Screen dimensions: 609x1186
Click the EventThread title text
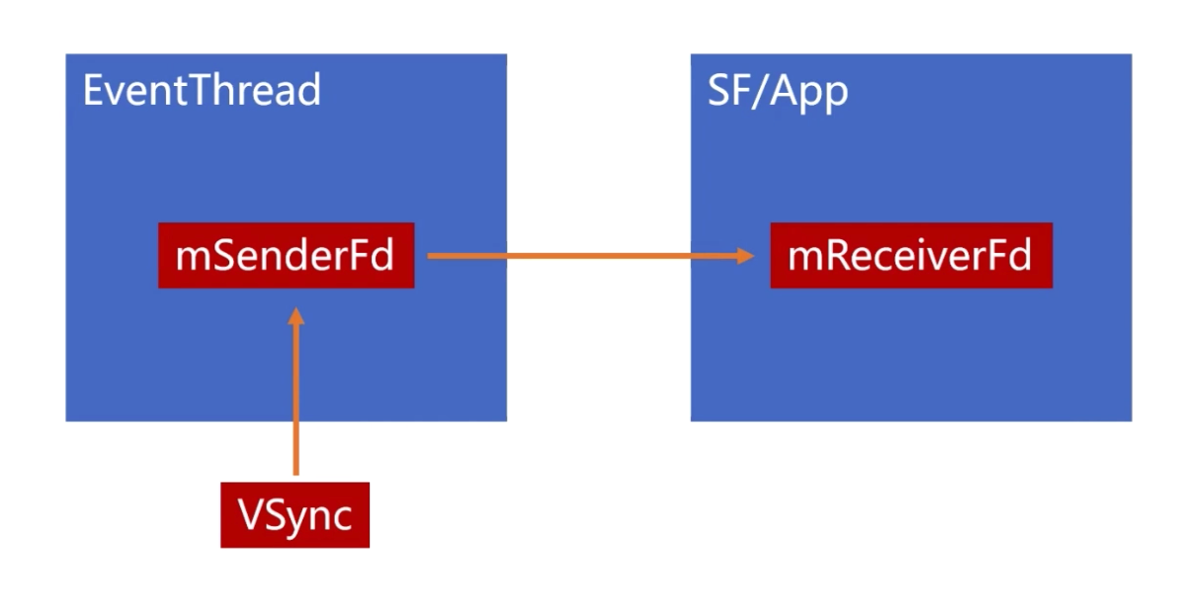pyautogui.click(x=202, y=91)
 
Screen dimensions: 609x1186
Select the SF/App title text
pyautogui.click(x=778, y=91)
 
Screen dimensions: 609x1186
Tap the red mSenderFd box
pyautogui.click(x=286, y=256)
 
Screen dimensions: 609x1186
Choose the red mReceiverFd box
pyautogui.click(x=910, y=256)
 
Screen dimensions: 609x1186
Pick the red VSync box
pyautogui.click(x=295, y=515)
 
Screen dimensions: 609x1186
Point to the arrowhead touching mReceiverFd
pyautogui.click(x=744, y=256)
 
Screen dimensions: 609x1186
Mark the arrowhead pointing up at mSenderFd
pyautogui.click(x=296, y=318)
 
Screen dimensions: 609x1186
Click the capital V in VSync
pyautogui.click(x=250, y=515)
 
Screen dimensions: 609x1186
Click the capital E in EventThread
pyautogui.click(x=93, y=91)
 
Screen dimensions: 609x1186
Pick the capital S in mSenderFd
pyautogui.click(x=220, y=256)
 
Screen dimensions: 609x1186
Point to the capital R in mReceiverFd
pyautogui.click(x=833, y=256)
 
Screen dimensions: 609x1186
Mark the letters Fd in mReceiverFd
pyautogui.click(x=1010, y=256)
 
